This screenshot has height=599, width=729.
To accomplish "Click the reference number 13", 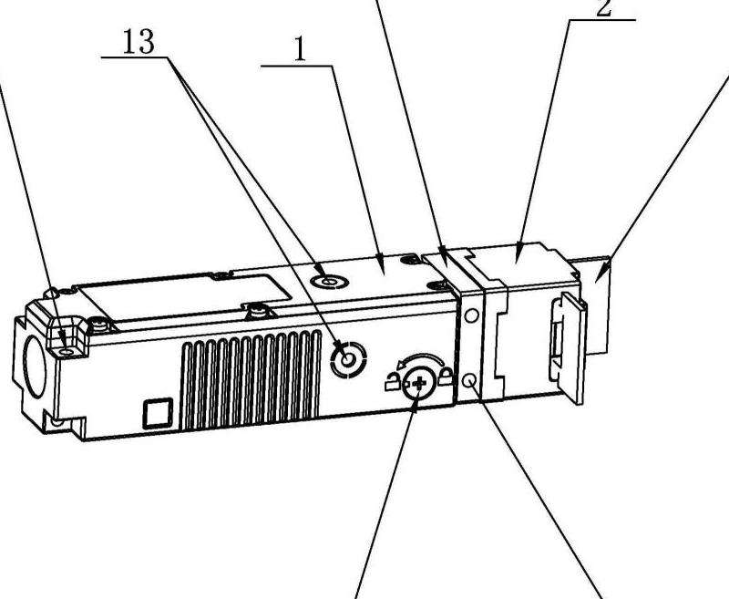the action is tap(139, 42).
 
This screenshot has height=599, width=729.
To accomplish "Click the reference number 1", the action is tap(301, 49).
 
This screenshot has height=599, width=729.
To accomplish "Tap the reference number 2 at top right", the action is tap(604, 8).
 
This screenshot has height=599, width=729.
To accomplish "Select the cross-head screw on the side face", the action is tap(419, 383).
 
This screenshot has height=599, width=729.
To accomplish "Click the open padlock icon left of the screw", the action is tap(393, 382).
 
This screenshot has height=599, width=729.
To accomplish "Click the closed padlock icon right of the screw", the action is tap(446, 376).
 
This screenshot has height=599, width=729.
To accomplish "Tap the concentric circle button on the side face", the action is tap(348, 359).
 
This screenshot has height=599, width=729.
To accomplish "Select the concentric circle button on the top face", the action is tap(330, 282).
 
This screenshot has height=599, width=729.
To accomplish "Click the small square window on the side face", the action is tap(158, 413).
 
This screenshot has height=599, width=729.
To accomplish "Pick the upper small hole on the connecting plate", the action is tap(471, 316).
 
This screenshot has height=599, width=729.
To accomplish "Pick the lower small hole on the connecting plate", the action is tap(469, 381).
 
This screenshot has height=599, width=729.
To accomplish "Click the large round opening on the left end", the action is tap(35, 367).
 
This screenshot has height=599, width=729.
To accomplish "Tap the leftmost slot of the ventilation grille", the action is tap(188, 386).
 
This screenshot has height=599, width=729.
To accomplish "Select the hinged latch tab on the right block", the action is tap(569, 348).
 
